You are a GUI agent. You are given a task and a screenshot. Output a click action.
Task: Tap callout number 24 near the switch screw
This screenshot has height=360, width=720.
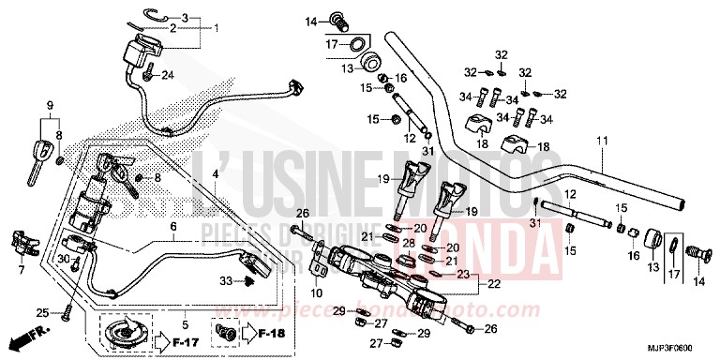(170, 75)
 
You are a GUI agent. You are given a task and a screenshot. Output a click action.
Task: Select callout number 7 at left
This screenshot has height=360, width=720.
(21, 270)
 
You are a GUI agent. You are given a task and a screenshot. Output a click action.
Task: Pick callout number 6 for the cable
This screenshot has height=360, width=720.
(172, 226)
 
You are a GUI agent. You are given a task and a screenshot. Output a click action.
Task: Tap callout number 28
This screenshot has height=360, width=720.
(409, 243)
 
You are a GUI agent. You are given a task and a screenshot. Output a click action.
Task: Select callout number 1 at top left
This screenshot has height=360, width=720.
(217, 28)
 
